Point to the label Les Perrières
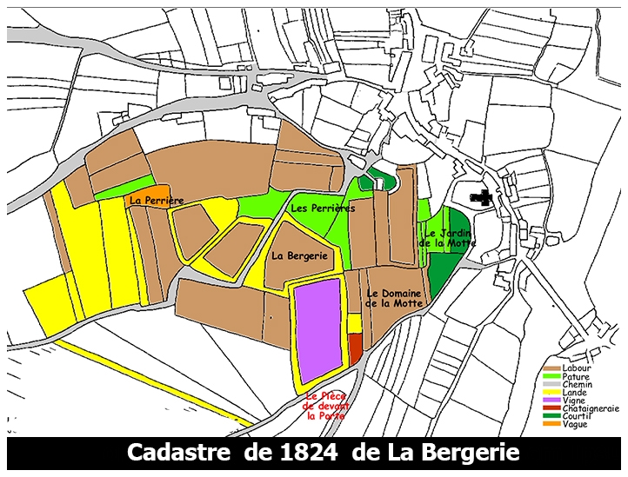(322, 209)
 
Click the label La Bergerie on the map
(299, 255)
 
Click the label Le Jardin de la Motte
(447, 238)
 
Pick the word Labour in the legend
(577, 369)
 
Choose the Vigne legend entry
(574, 401)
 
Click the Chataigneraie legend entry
(588, 408)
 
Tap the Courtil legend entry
(576, 416)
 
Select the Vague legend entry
(575, 424)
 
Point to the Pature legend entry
(576, 377)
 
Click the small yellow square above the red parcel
(354, 323)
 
